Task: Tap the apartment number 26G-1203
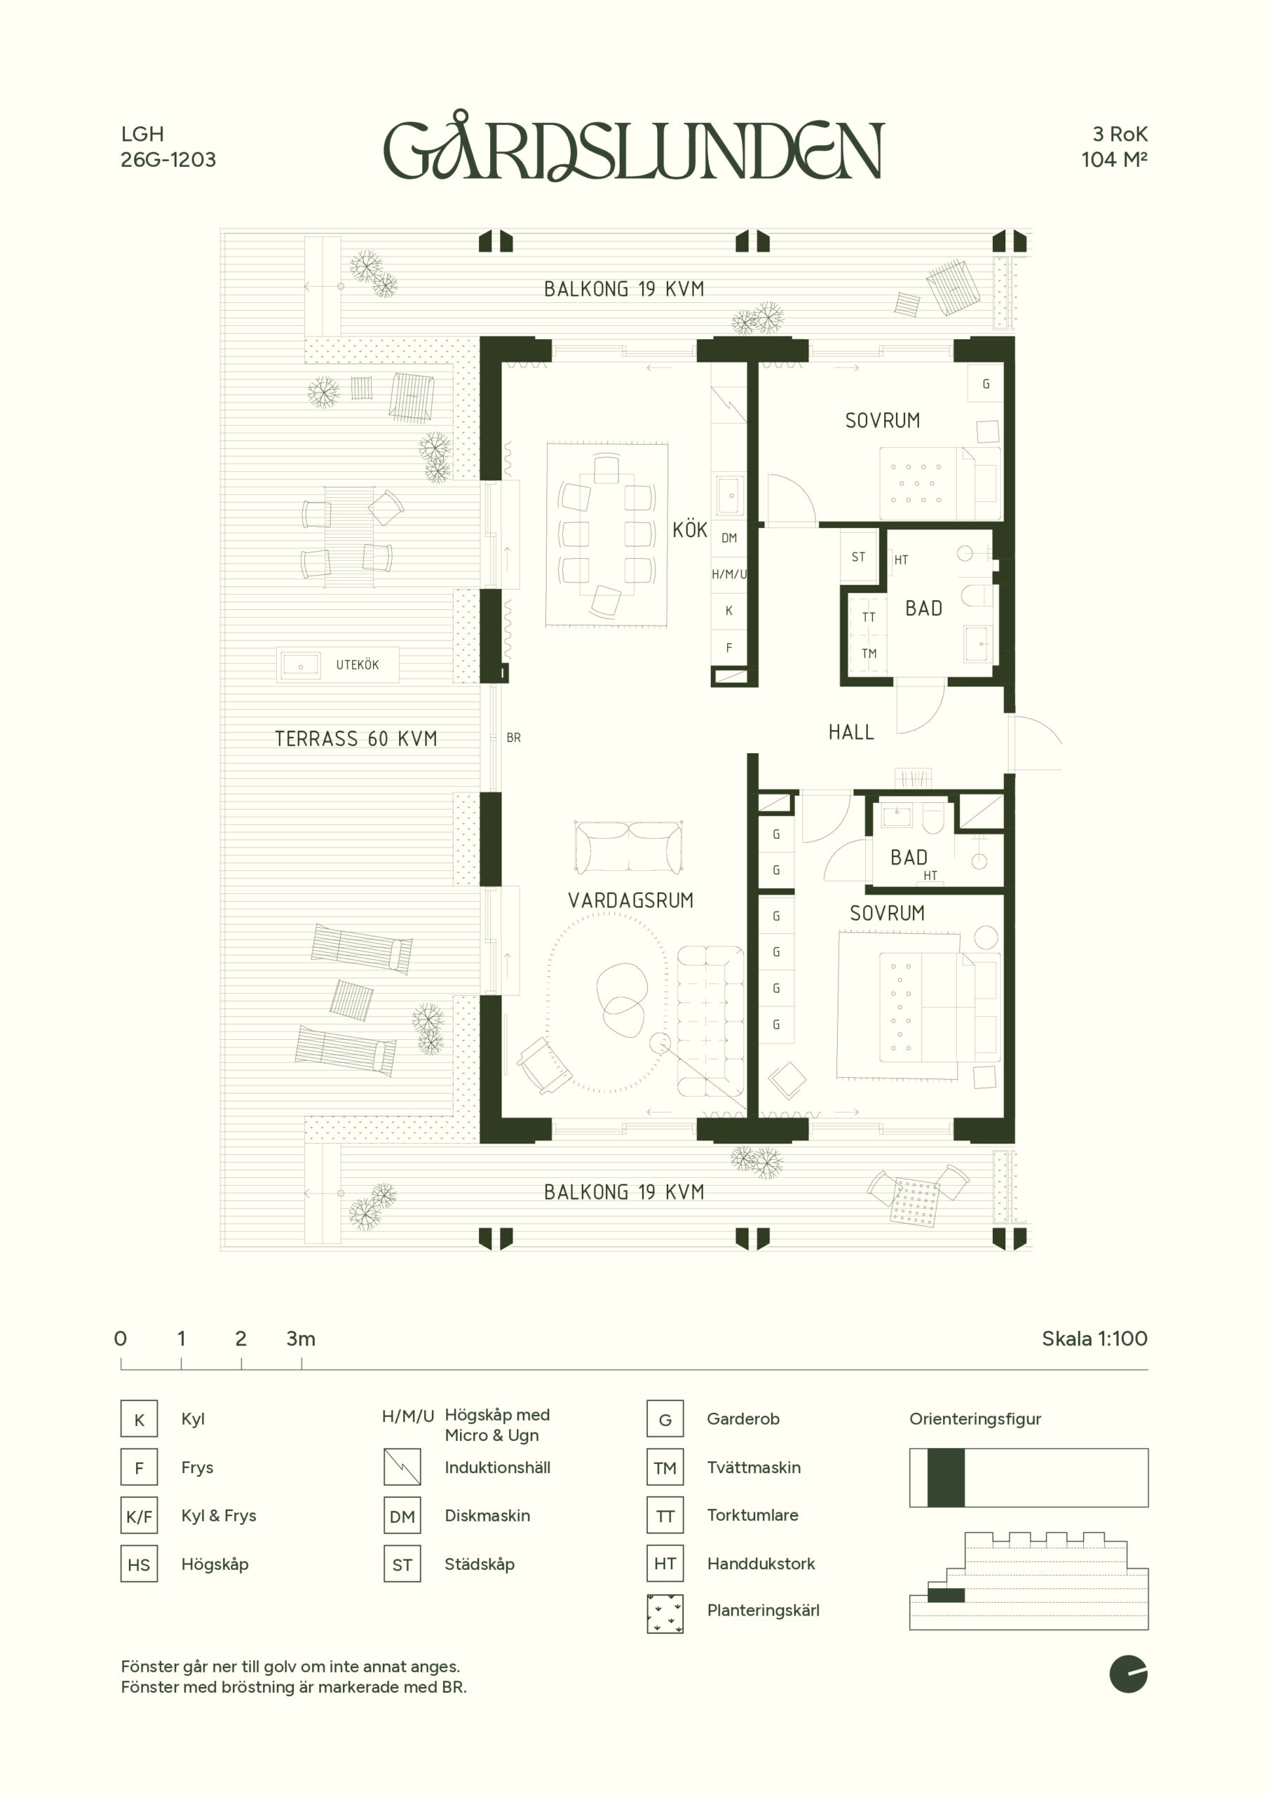pyautogui.click(x=168, y=159)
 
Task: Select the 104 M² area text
pyautogui.click(x=1114, y=159)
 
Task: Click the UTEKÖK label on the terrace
pyautogui.click(x=358, y=665)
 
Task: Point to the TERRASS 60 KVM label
pyautogui.click(x=355, y=739)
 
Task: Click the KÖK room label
pyautogui.click(x=690, y=530)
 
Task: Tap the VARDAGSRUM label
pyautogui.click(x=631, y=900)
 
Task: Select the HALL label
pyautogui.click(x=851, y=733)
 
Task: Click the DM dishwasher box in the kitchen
pyautogui.click(x=728, y=538)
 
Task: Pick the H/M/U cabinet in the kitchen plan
pyautogui.click(x=728, y=574)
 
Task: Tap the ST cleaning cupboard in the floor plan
pyautogui.click(x=859, y=557)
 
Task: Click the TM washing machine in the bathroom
pyautogui.click(x=869, y=653)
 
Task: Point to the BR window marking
pyautogui.click(x=513, y=737)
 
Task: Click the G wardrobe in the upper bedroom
pyautogui.click(x=986, y=384)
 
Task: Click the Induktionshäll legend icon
pyautogui.click(x=402, y=1468)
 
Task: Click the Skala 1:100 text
pyautogui.click(x=1094, y=1339)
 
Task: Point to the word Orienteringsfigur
pyautogui.click(x=975, y=1419)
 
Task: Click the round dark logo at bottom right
pyautogui.click(x=1128, y=1674)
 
